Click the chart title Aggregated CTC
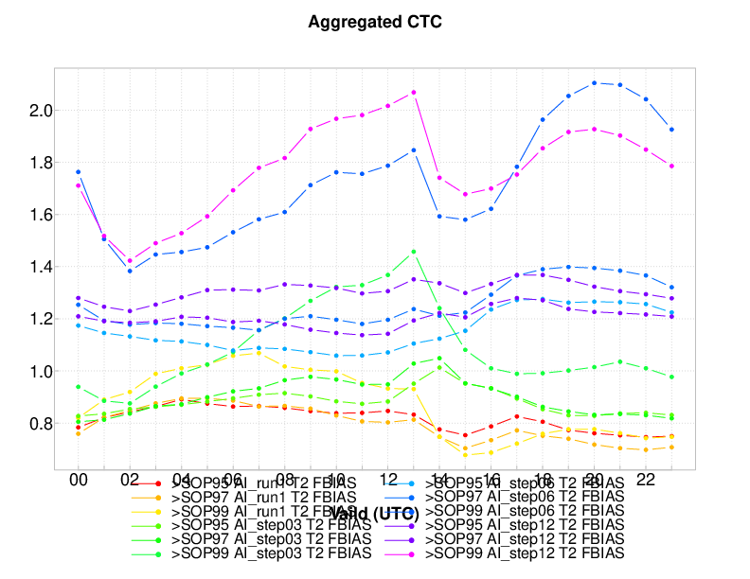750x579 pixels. click(x=375, y=22)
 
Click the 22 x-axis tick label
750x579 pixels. click(x=645, y=481)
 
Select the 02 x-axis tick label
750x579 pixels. click(x=130, y=481)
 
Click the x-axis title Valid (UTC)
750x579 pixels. click(x=375, y=514)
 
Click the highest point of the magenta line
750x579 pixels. click(x=414, y=92)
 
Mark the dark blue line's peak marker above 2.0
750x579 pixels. click(x=595, y=83)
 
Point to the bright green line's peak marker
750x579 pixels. click(x=414, y=252)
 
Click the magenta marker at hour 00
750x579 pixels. click(x=78, y=185)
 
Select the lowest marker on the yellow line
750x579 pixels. click(x=465, y=455)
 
